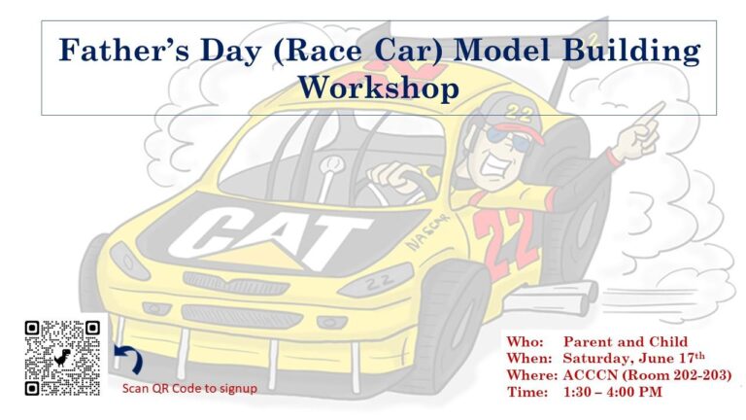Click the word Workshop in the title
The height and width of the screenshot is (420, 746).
(x=379, y=88)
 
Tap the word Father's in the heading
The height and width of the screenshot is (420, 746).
(x=124, y=50)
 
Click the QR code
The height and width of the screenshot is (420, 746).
(x=62, y=358)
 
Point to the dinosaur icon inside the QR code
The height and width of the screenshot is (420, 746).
(x=62, y=357)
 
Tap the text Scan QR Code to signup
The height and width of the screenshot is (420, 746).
(x=189, y=389)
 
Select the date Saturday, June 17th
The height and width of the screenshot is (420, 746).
(x=633, y=358)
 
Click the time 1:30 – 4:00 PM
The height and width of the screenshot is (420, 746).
(x=612, y=392)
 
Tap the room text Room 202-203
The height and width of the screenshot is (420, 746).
(x=676, y=375)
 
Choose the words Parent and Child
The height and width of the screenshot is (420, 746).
(x=626, y=341)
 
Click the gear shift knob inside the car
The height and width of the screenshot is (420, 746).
(x=332, y=165)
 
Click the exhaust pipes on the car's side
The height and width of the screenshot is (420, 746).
(x=552, y=297)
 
